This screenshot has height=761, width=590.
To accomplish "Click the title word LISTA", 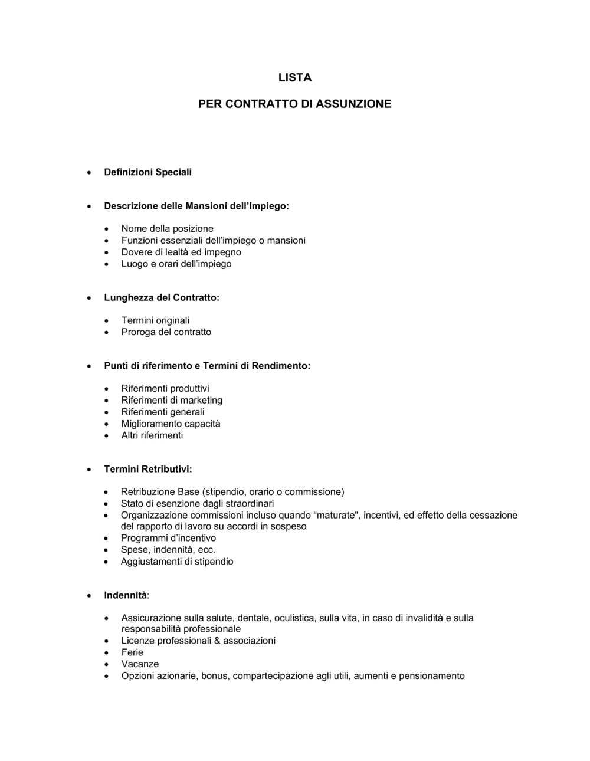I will pos(294,78).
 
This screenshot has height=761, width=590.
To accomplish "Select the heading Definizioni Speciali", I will pos(147,172).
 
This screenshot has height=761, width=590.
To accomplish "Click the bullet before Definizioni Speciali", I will pos(88,173).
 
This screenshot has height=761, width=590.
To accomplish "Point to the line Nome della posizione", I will pos(167,229).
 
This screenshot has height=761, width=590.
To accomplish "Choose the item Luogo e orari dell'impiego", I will pos(176,264).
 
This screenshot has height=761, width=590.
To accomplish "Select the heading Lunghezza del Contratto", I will pos(161,298).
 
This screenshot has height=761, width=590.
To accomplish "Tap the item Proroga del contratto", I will pos(166,332).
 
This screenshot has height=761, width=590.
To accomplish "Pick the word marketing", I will pos(201,401).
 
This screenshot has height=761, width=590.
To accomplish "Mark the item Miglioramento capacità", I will pos(171,424).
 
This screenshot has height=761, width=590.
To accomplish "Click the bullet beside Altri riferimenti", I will pos(106,436).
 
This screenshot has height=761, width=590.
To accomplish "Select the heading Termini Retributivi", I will pos(147,470).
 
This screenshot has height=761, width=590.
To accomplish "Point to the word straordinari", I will pos(247,504).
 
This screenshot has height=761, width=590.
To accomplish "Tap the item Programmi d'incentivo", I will pos(168,538).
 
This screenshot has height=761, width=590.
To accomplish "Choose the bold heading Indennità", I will pos(125,595).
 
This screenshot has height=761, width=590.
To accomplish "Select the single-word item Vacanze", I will pos(140,664).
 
